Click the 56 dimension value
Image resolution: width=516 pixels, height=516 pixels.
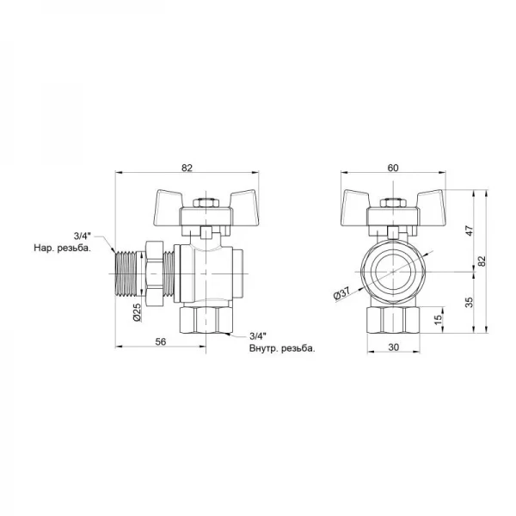point(161,341)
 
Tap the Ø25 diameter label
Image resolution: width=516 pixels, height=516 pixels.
point(137,312)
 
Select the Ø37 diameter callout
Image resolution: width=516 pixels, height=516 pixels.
point(341,292)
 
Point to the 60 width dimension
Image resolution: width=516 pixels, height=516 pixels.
point(393,168)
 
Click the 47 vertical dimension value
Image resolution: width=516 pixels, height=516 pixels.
point(470,230)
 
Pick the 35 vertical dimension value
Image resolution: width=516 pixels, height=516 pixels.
point(470,302)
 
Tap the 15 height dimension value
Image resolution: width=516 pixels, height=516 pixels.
point(438,319)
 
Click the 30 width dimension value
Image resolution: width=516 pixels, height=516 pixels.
point(394,347)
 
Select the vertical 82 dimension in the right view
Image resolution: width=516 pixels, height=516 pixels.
point(482,261)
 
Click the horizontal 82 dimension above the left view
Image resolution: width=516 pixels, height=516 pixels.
point(187,168)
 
